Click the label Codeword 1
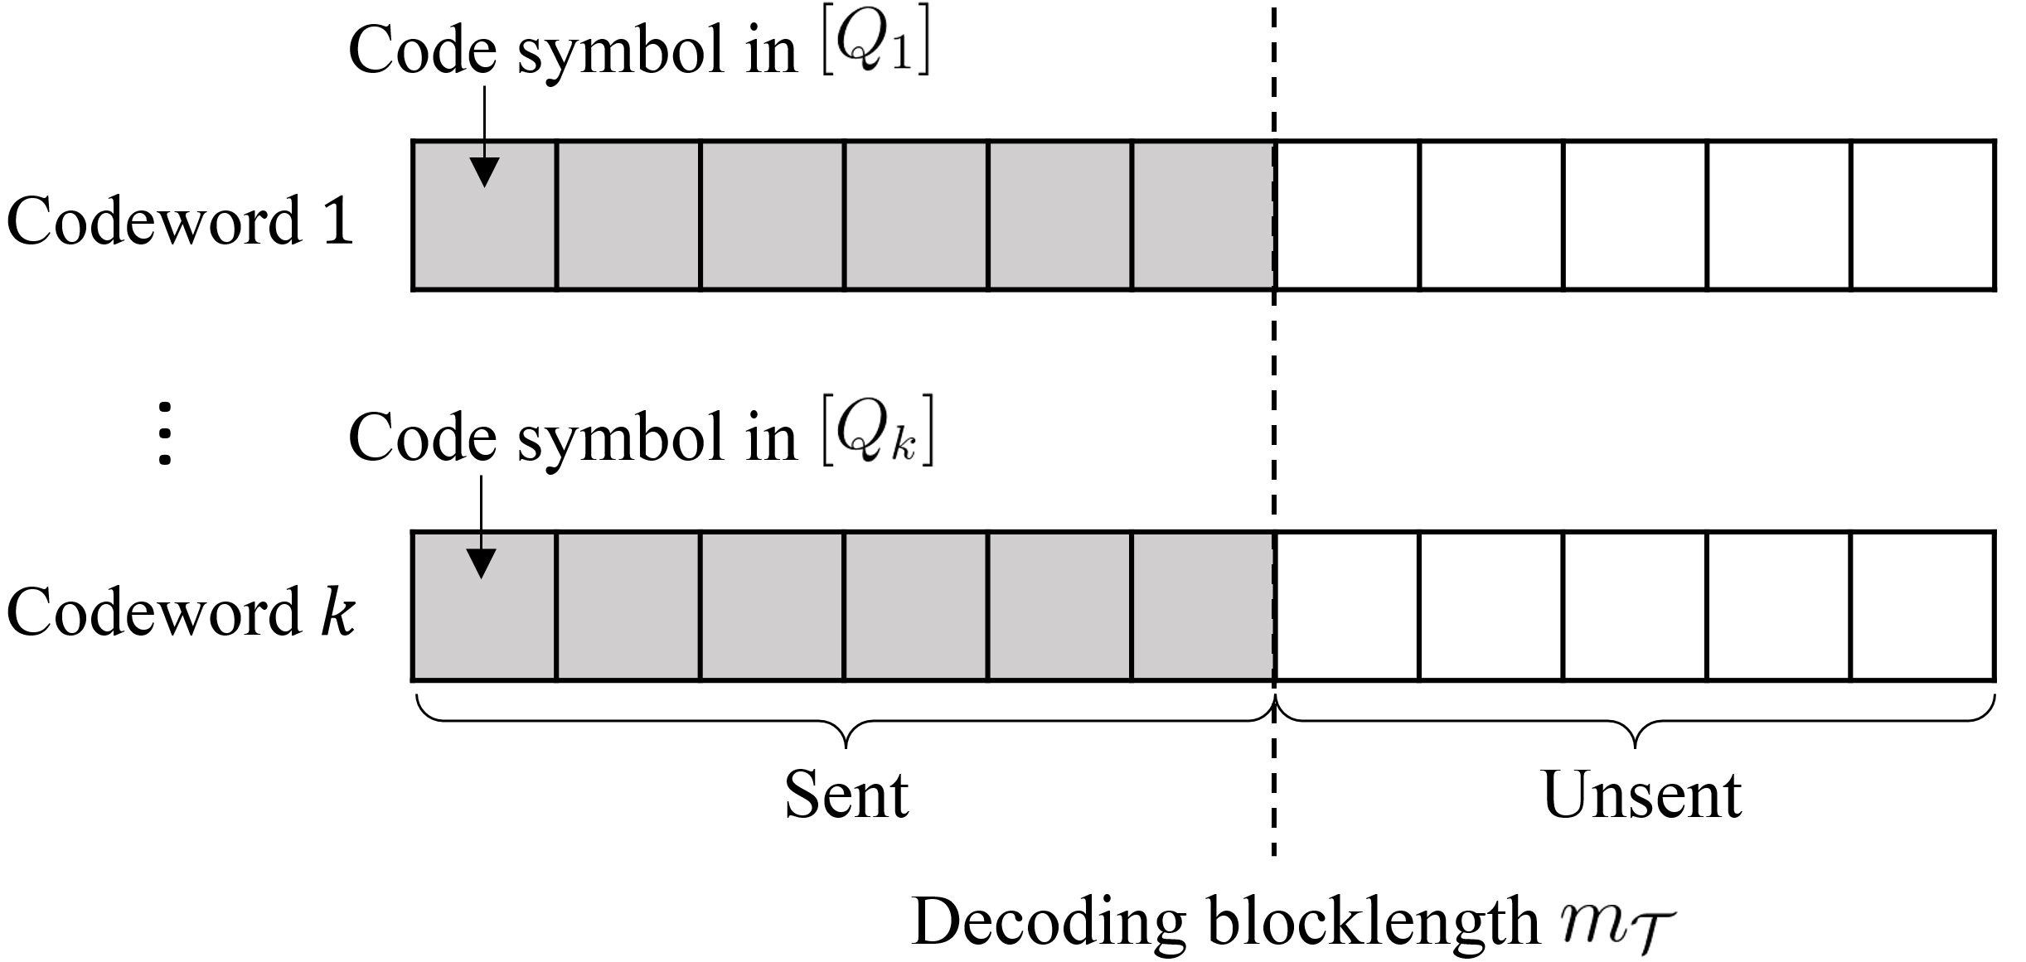[180, 221]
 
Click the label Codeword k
[181, 612]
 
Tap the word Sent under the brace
[846, 794]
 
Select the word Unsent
[1641, 794]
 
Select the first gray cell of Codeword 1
[484, 215]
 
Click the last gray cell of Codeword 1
[1204, 215]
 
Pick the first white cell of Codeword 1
[1347, 215]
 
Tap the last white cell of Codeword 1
[1923, 215]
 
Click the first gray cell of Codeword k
[484, 607]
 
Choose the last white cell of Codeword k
[1923, 607]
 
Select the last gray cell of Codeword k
[1204, 607]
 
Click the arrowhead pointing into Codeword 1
[484, 172]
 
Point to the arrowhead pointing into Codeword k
[482, 563]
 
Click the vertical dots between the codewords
[165, 433]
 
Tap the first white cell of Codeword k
[1347, 607]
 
